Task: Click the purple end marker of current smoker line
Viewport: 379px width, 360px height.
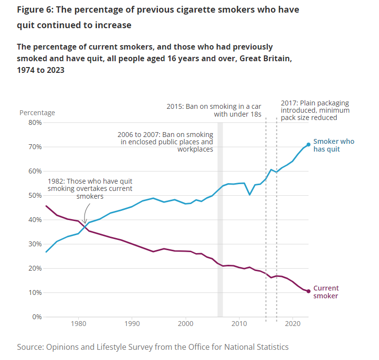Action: pyautogui.click(x=309, y=291)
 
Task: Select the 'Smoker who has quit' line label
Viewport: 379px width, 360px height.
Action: pyautogui.click(x=333, y=145)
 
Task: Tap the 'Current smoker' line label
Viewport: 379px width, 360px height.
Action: pyautogui.click(x=326, y=291)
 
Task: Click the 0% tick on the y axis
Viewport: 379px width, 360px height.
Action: pyautogui.click(x=34, y=317)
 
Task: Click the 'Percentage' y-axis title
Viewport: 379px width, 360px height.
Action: pyautogui.click(x=37, y=113)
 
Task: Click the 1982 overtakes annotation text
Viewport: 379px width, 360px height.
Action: pyautogui.click(x=89, y=188)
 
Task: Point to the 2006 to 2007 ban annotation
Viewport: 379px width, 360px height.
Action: pyautogui.click(x=165, y=141)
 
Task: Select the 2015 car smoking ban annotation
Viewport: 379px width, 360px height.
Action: pyautogui.click(x=214, y=110)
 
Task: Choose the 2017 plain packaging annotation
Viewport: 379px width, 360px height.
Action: pyautogui.click(x=315, y=110)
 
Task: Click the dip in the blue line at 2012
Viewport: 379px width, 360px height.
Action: pyautogui.click(x=250, y=194)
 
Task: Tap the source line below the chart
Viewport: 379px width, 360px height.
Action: pyautogui.click(x=153, y=347)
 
